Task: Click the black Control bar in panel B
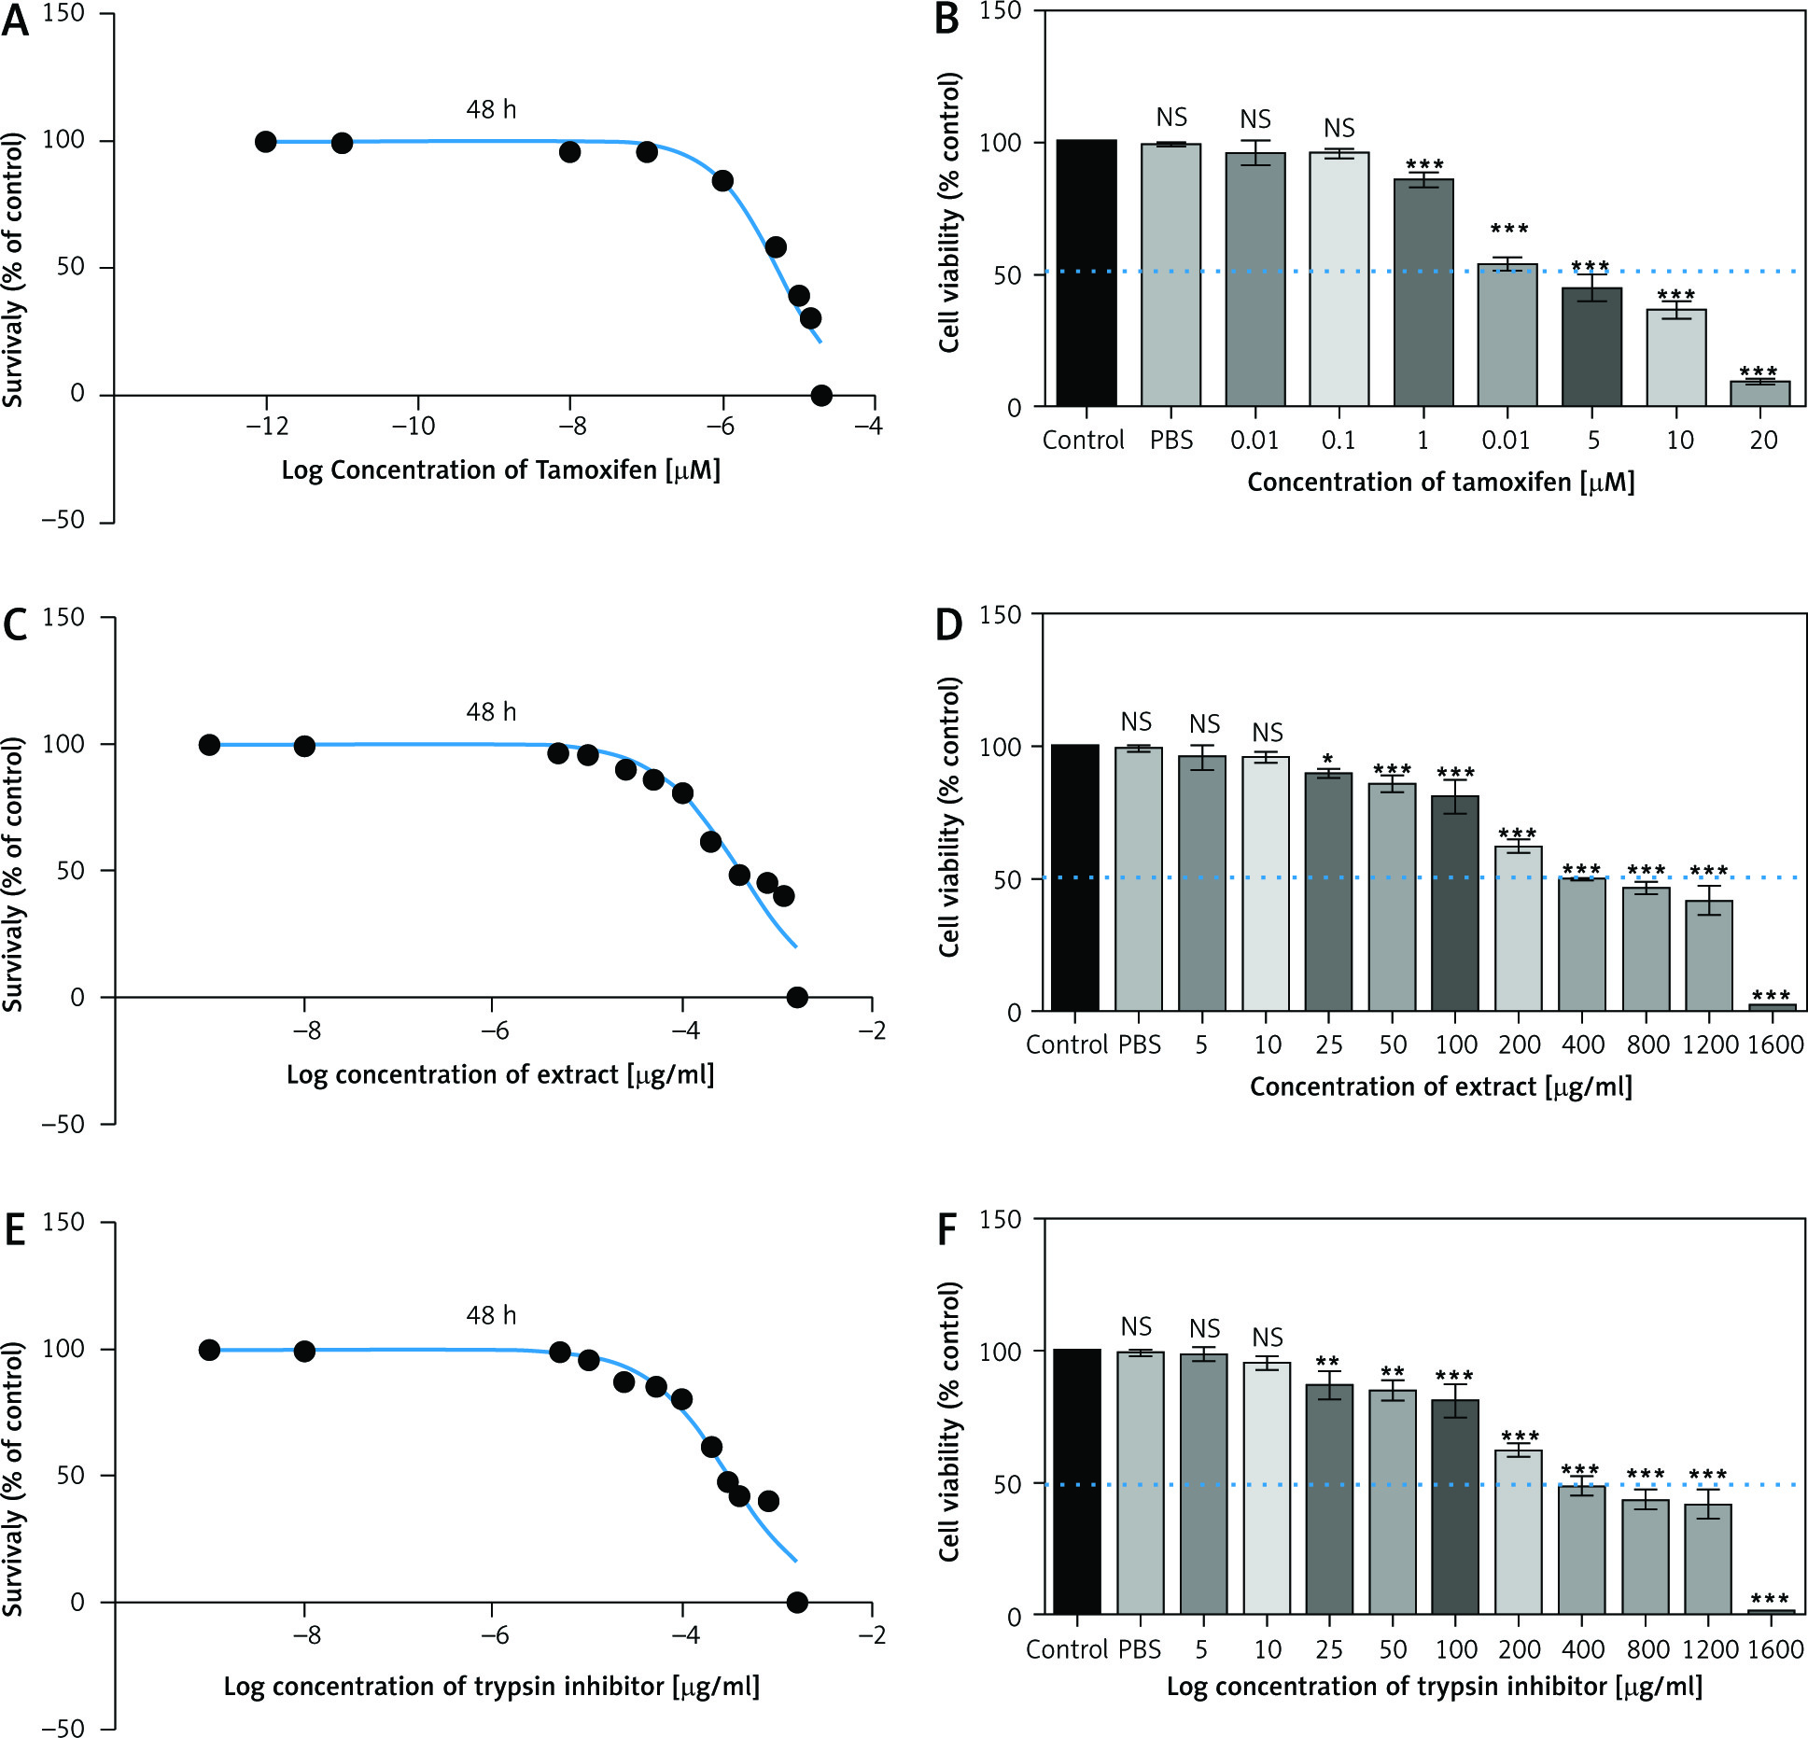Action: click(x=1086, y=273)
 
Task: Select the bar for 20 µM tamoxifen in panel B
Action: click(x=1760, y=394)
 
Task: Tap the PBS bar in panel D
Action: click(x=1139, y=878)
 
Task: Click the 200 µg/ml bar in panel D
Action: click(x=1519, y=928)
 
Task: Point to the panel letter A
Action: click(x=15, y=21)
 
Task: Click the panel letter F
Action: click(x=947, y=1229)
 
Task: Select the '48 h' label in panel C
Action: click(x=491, y=712)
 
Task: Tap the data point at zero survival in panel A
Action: click(x=821, y=396)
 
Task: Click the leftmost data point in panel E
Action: click(x=209, y=1350)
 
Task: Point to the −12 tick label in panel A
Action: click(x=267, y=427)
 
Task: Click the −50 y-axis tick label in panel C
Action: click(x=63, y=1124)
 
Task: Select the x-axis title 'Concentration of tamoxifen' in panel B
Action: click(x=1440, y=483)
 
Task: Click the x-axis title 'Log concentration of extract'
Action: click(x=500, y=1075)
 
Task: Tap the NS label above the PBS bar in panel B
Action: click(x=1171, y=118)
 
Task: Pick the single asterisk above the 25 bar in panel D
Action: click(x=1328, y=759)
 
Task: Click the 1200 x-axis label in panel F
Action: click(x=1710, y=1649)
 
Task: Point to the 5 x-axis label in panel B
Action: click(x=1593, y=440)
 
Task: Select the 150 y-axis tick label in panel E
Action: click(x=63, y=1222)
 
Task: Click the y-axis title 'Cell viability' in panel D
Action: click(x=949, y=817)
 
